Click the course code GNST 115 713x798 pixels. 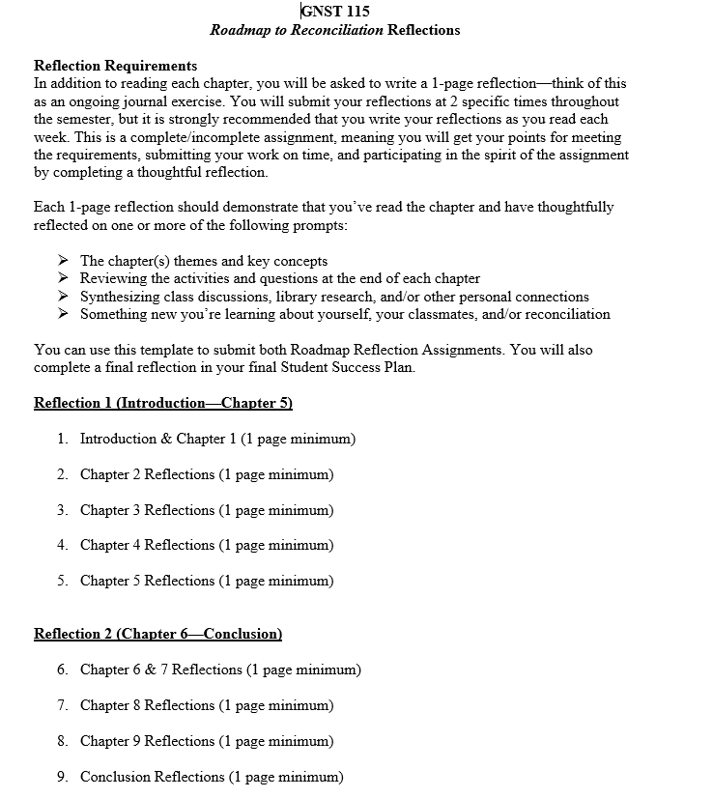point(335,12)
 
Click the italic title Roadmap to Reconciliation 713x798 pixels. point(297,30)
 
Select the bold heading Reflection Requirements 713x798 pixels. point(115,66)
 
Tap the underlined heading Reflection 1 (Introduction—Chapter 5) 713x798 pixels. point(162,403)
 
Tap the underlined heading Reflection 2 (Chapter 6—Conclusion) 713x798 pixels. point(157,634)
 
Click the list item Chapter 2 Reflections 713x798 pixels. point(147,474)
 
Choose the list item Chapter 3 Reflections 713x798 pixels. point(147,510)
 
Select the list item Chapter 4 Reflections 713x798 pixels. point(147,545)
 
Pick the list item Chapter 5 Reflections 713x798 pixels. point(147,581)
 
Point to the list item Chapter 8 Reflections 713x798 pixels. point(147,705)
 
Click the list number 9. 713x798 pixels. point(62,777)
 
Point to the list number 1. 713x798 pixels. point(62,439)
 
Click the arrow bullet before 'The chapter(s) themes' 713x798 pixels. point(63,261)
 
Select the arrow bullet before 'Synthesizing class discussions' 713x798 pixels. point(63,297)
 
